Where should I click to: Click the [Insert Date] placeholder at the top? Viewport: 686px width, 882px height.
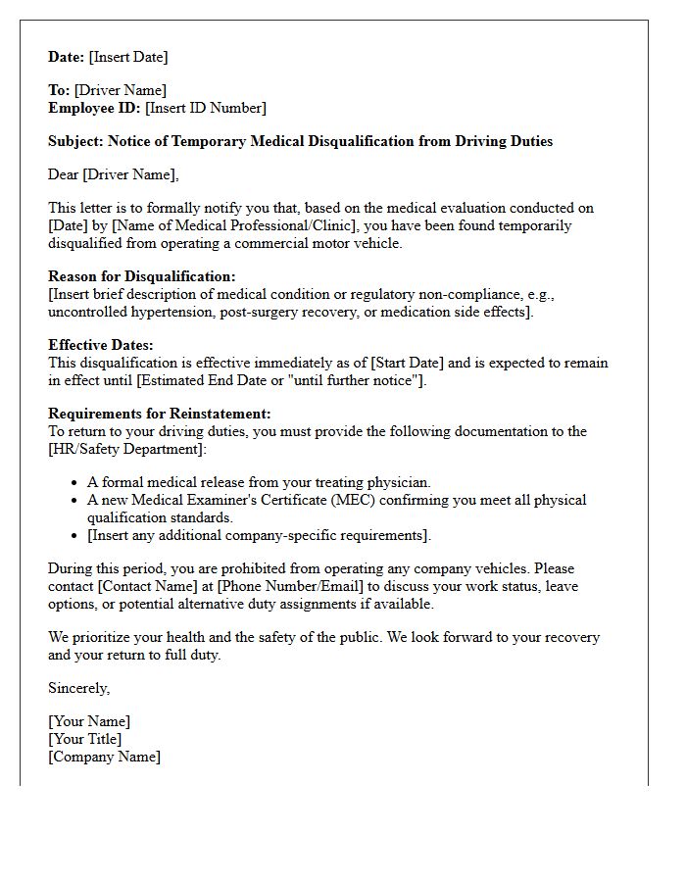coord(128,57)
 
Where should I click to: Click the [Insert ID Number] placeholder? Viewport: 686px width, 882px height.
coord(206,108)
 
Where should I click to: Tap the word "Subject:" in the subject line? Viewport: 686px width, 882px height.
coord(75,141)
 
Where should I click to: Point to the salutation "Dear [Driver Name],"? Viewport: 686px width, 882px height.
coord(114,174)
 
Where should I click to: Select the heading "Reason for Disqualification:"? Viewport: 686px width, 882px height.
coord(142,276)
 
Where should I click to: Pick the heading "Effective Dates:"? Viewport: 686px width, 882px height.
coord(101,345)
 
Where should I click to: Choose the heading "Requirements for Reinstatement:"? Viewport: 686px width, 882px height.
coord(160,414)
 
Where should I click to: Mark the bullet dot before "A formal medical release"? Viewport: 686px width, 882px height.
coord(75,482)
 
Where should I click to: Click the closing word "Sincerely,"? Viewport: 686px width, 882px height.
coord(79,688)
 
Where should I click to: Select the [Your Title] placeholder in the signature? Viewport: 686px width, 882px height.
coord(85,739)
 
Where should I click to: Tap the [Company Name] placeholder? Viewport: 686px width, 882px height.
coord(104,757)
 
